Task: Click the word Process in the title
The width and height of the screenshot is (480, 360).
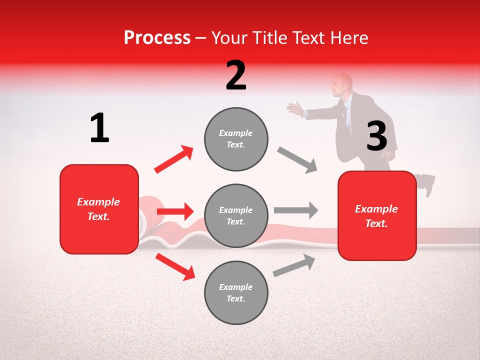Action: [157, 38]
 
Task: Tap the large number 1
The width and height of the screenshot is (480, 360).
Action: [99, 128]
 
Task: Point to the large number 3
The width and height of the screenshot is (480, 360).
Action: [376, 136]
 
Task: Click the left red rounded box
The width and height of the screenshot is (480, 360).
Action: [99, 209]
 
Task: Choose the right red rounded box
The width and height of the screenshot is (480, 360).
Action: [377, 215]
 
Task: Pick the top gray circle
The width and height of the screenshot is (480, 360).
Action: [236, 138]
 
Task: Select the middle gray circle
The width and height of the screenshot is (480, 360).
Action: [236, 215]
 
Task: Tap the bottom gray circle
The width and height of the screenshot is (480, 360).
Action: [236, 292]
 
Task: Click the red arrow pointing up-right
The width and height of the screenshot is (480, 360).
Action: [174, 159]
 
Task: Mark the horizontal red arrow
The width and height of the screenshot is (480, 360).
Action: [175, 211]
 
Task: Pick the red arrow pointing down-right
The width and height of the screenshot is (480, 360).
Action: [175, 266]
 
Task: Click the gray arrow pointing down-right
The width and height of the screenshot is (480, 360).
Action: [297, 160]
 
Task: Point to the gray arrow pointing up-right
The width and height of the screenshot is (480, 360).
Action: [294, 265]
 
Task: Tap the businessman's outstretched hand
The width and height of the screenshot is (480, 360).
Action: [295, 108]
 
